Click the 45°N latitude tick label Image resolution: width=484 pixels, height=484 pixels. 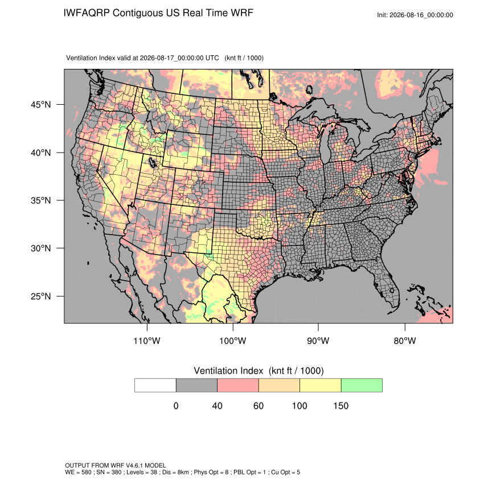(40, 105)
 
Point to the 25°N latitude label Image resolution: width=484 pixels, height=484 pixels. (40, 296)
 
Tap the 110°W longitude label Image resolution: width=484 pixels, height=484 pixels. (147, 341)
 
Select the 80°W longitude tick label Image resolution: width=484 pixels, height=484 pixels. (405, 341)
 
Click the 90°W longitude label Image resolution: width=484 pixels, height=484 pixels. (318, 341)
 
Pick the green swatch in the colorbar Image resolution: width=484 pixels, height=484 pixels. (362, 385)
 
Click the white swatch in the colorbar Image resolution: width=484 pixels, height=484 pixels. (155, 385)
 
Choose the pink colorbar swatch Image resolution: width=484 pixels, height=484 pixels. (238, 385)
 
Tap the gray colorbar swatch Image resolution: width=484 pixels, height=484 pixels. (196, 385)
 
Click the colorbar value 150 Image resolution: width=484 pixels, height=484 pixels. (341, 405)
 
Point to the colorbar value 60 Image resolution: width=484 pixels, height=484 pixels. (259, 405)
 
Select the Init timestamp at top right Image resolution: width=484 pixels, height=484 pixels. (415, 15)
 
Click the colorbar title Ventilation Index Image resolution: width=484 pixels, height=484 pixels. (228, 371)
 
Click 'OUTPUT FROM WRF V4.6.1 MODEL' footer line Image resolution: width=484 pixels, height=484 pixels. (116, 465)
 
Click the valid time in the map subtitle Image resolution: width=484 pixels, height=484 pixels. (179, 58)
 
